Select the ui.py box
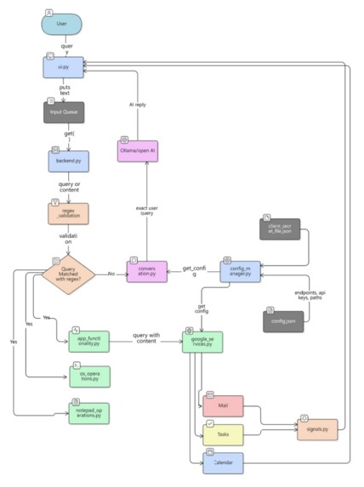65,65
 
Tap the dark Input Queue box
65,111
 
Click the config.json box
282,321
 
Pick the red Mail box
223,405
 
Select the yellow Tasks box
223,434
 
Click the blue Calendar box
223,463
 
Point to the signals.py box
316,428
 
